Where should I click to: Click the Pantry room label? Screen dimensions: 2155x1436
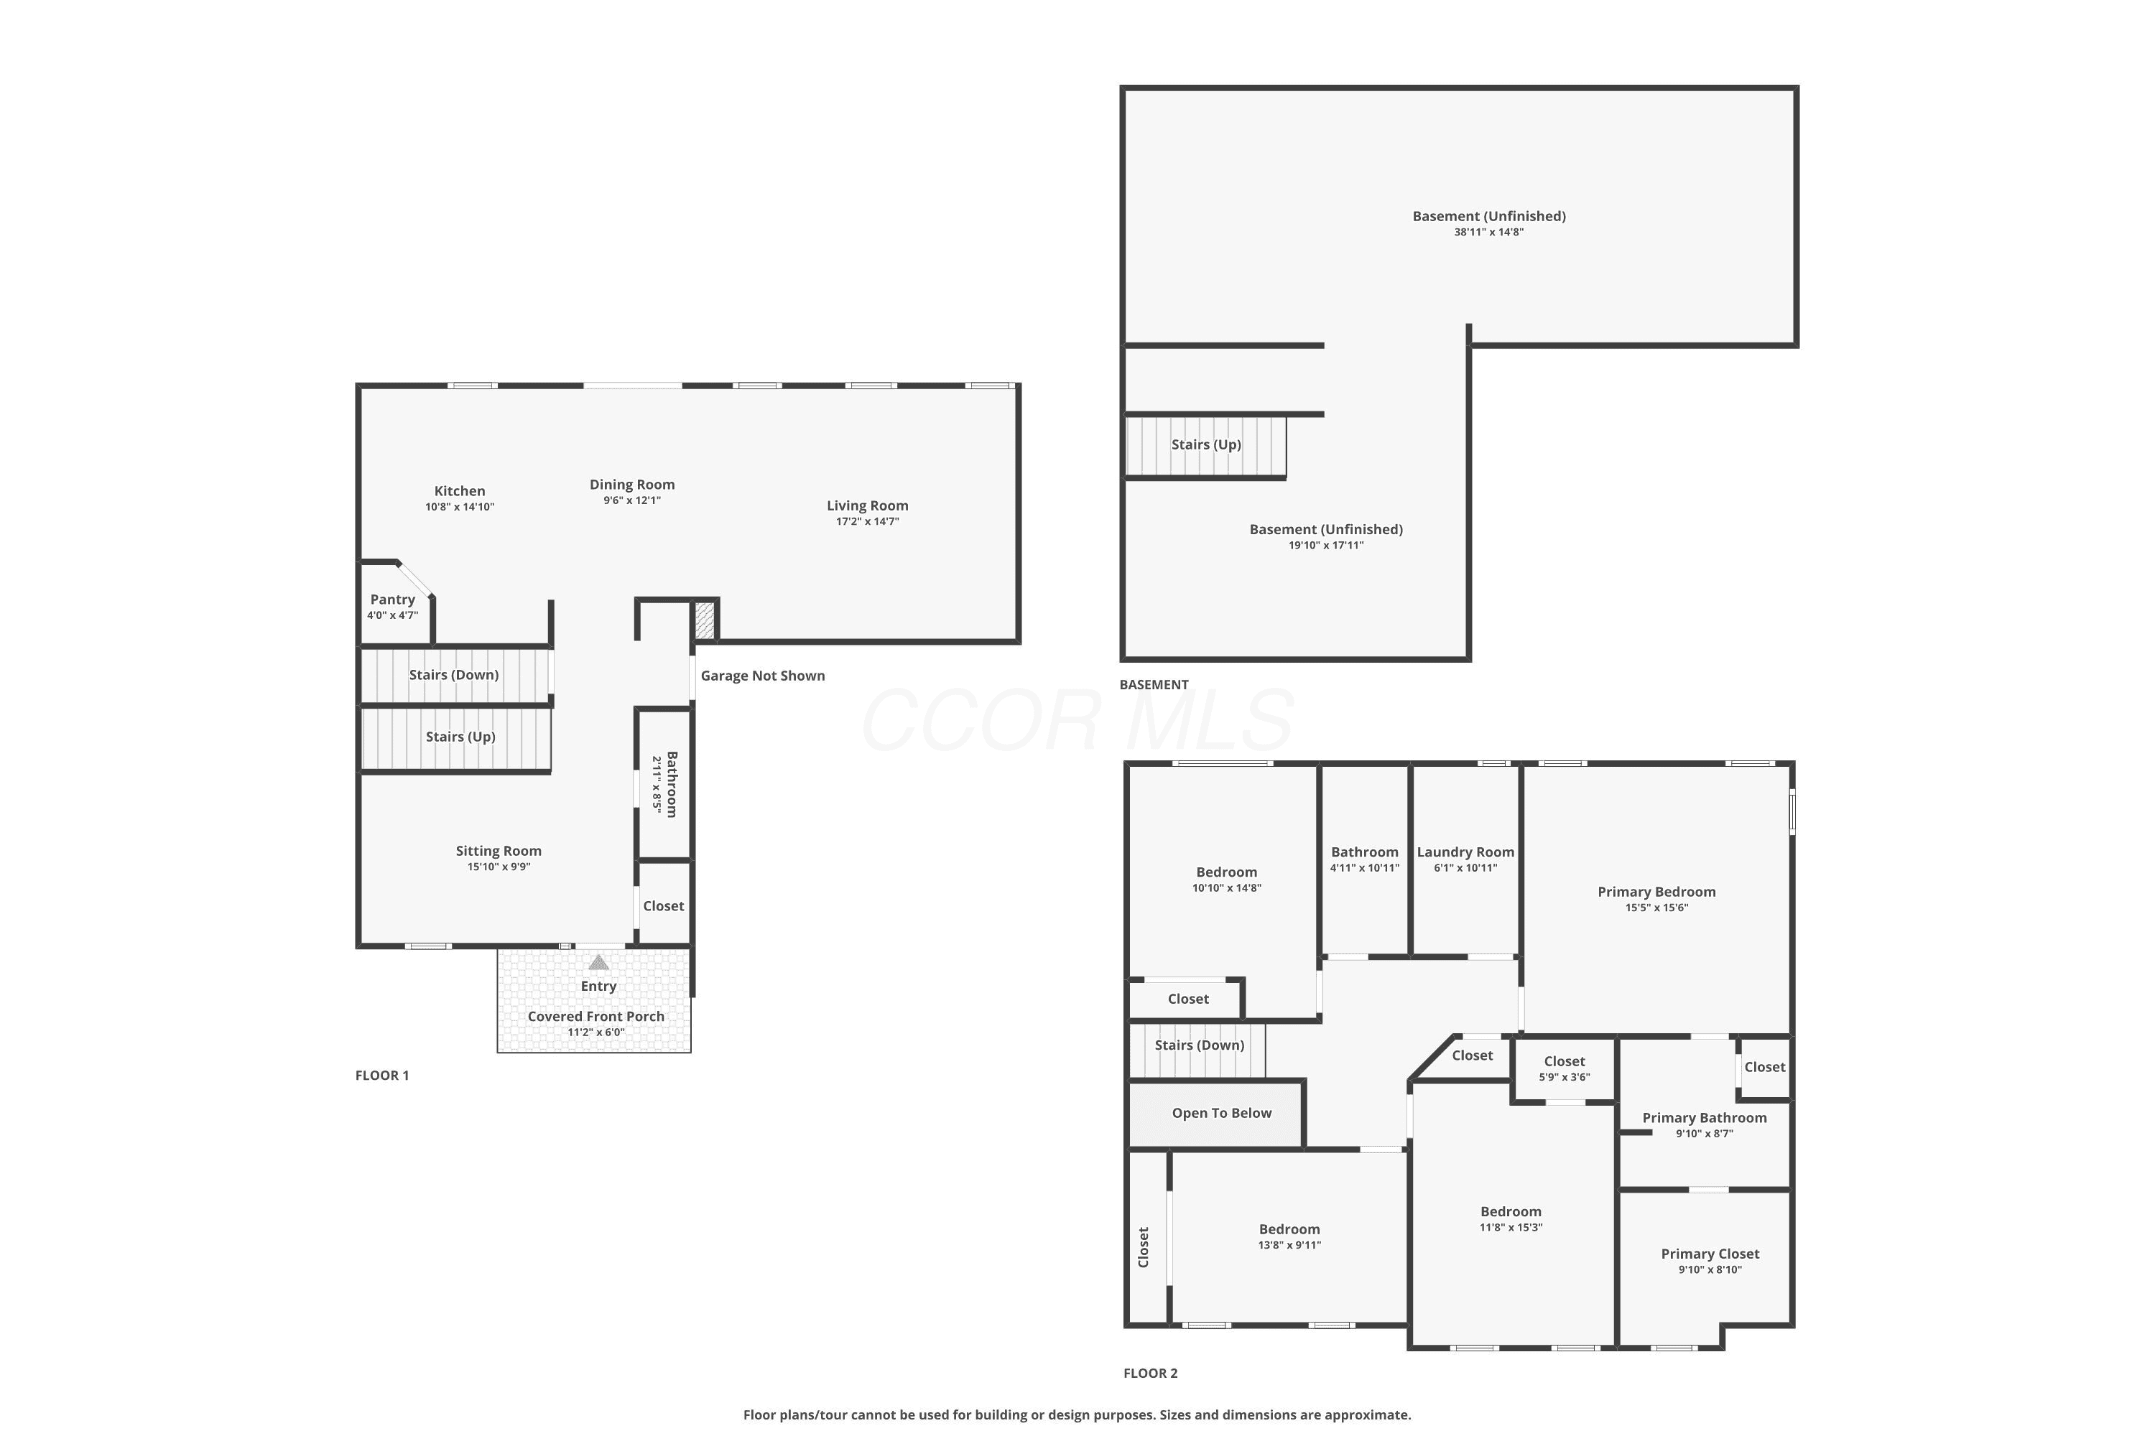click(392, 600)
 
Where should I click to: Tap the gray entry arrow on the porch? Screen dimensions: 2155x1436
click(598, 961)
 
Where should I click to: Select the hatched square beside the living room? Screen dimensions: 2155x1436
click(704, 620)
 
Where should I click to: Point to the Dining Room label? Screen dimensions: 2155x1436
click(632, 485)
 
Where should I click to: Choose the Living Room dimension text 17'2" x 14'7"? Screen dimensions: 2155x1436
click(867, 522)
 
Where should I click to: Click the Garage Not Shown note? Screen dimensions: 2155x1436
click(762, 676)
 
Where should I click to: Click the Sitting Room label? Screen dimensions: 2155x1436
click(499, 851)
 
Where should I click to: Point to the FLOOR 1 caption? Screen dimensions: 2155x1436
click(382, 1075)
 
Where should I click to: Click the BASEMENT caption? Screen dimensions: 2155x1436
click(1154, 684)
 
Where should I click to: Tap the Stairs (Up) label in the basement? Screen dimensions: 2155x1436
click(1206, 445)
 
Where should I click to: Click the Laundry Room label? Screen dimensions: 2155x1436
click(1465, 852)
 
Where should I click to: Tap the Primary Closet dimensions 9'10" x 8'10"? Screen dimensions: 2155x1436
click(1710, 1270)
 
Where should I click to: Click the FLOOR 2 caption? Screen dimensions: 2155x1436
click(1150, 1373)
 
